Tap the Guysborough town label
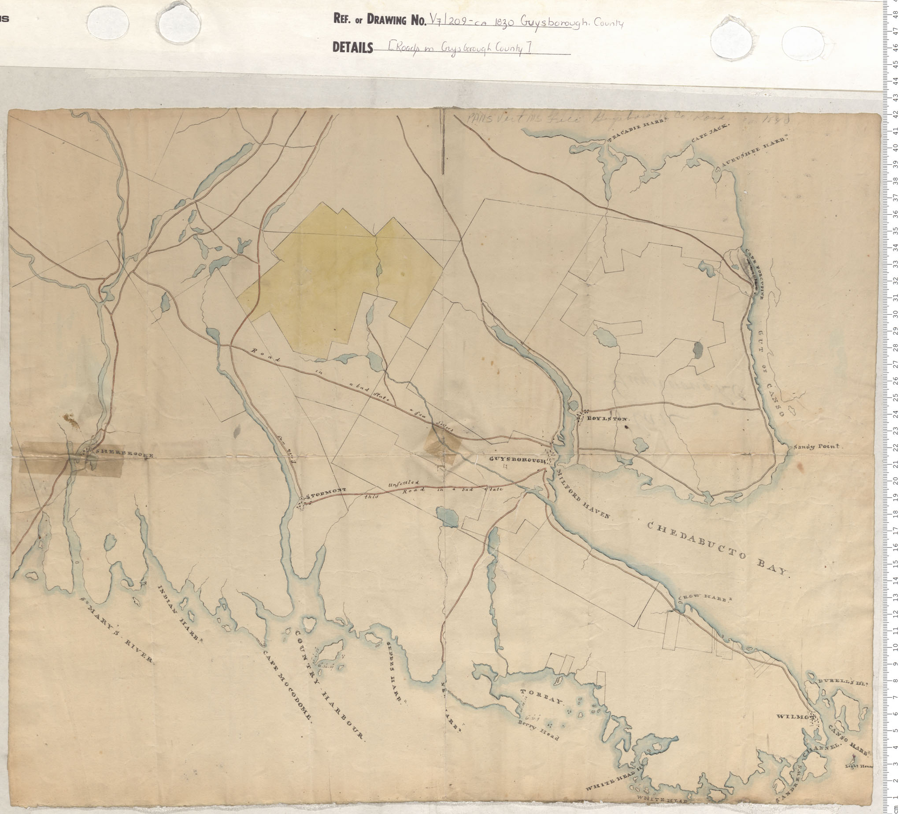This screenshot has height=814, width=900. pos(518,460)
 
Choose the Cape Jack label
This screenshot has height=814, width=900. pos(710,133)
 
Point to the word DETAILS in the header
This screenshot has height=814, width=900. pos(353,48)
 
